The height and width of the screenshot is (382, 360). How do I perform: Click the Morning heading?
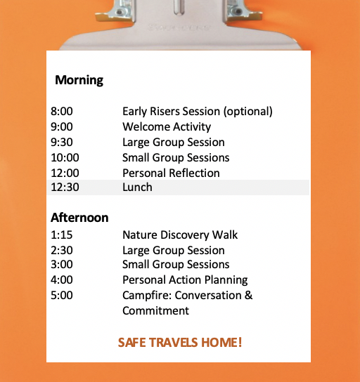[79, 80]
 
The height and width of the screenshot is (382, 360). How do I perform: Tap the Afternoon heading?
[79, 217]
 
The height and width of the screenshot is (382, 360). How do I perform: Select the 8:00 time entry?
[62, 112]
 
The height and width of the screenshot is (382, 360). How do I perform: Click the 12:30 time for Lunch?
[65, 187]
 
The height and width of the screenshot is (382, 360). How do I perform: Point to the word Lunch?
[137, 187]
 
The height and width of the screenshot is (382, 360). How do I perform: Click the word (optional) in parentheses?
[247, 112]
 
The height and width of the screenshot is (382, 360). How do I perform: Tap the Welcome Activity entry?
[167, 127]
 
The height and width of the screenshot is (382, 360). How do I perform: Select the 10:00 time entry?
[65, 157]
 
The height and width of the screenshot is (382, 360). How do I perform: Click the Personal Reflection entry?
[171, 173]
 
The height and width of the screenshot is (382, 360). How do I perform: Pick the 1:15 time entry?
[62, 235]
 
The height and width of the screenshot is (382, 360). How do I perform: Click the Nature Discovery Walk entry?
[180, 235]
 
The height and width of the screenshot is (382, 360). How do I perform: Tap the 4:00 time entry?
[62, 279]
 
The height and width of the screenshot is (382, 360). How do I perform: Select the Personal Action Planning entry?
[185, 280]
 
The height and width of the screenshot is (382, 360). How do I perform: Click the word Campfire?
[148, 296]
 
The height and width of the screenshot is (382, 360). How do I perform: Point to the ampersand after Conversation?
[248, 295]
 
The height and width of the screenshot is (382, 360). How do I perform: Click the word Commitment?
[155, 310]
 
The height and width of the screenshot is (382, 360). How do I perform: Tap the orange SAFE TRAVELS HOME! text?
[180, 342]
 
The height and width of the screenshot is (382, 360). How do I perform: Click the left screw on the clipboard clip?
[120, 11]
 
